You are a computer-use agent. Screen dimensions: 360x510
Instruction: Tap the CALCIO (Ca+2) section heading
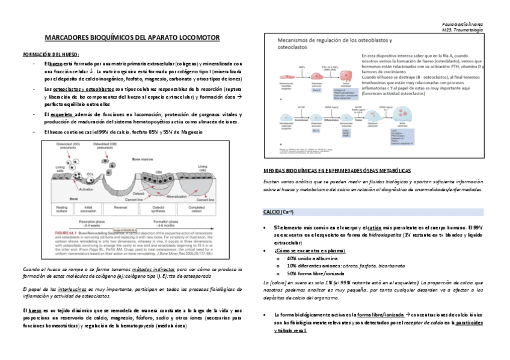tap(278, 212)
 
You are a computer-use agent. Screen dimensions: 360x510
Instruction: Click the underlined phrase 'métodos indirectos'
tap(150, 269)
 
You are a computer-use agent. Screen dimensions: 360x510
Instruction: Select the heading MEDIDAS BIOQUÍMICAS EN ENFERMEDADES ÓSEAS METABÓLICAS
tap(337, 171)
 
